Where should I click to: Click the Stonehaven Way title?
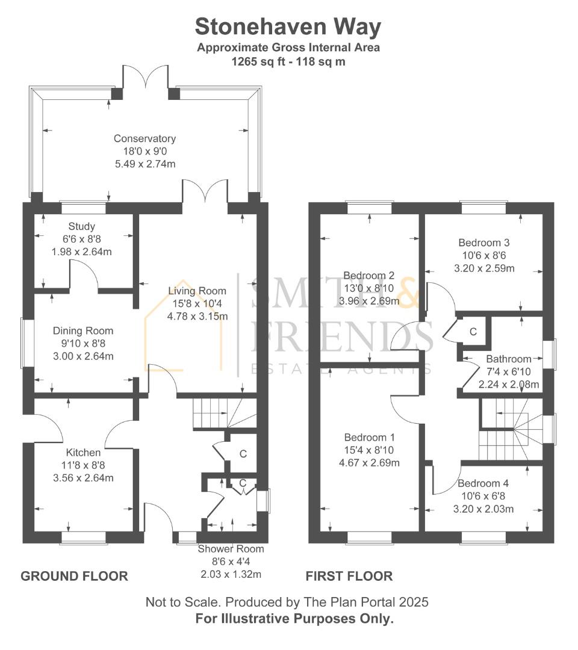288,27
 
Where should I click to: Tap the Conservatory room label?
144,138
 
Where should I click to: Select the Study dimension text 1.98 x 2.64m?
82,252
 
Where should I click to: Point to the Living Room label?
197,291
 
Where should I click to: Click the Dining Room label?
83,331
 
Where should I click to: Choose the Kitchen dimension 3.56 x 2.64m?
83,478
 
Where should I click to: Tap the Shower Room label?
231,549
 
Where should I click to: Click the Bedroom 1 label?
370,438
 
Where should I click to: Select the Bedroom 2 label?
368,276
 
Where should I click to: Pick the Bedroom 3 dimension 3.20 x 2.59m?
484,268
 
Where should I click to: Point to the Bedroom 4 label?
483,483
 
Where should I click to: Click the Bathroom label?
509,359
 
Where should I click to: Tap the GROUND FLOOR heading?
74,576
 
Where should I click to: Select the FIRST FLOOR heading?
349,576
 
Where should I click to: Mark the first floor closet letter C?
473,332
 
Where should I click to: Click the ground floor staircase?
225,413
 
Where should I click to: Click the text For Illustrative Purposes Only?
294,619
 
